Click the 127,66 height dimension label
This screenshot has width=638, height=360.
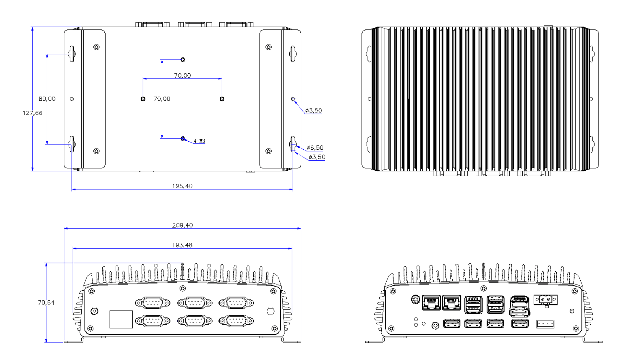pyautogui.click(x=32, y=113)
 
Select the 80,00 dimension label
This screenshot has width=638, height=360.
pyautogui.click(x=47, y=99)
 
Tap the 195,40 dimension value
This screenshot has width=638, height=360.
pyautogui.click(x=182, y=186)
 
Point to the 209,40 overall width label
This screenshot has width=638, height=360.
pyautogui.click(x=182, y=225)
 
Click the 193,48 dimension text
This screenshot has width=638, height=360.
pyautogui.click(x=182, y=245)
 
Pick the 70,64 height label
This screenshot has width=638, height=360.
pyautogui.click(x=46, y=303)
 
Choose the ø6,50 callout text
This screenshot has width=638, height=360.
pyautogui.click(x=315, y=148)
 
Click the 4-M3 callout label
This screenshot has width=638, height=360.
pyautogui.click(x=200, y=141)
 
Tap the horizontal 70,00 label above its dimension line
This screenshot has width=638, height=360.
pyautogui.click(x=182, y=75)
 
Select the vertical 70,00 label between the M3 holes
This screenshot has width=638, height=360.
pyautogui.click(x=162, y=99)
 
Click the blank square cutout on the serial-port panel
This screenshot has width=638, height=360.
pyautogui.click(x=121, y=319)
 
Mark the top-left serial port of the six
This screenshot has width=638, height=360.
pyautogui.click(x=153, y=303)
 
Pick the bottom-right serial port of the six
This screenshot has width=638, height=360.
pyautogui.click(x=236, y=321)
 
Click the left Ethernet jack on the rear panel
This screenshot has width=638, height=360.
pyautogui.click(x=431, y=303)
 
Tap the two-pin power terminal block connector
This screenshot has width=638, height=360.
pyautogui.click(x=545, y=300)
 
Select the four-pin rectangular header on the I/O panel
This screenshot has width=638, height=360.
pyautogui.click(x=545, y=324)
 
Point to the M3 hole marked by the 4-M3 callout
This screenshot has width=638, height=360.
pyautogui.click(x=183, y=139)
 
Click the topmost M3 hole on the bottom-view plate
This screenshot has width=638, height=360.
pyautogui.click(x=183, y=60)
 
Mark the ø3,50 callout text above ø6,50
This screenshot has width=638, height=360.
pyautogui.click(x=314, y=110)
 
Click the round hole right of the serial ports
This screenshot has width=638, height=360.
pyautogui.click(x=271, y=311)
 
